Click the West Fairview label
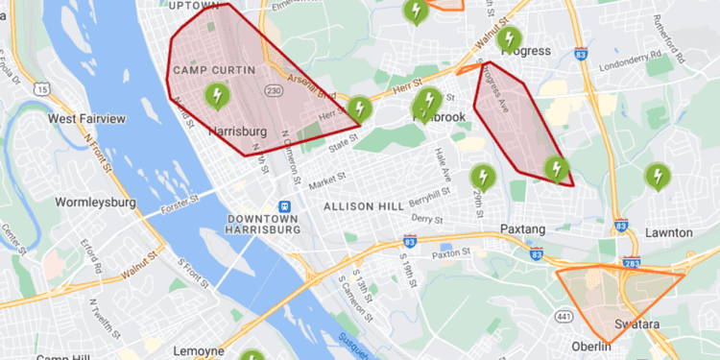[x=86, y=119]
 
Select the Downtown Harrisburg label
[x=263, y=225]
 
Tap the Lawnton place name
[x=669, y=232]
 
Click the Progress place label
[x=526, y=51]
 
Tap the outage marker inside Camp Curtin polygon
[x=217, y=96]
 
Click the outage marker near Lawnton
[x=658, y=178]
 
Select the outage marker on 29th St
[x=483, y=178]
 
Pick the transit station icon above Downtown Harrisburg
[x=284, y=206]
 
